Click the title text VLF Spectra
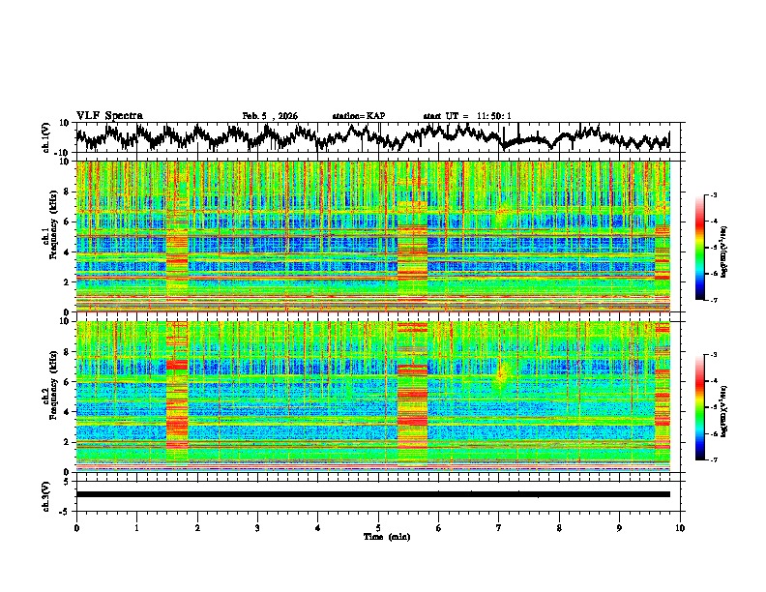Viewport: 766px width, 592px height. [x=109, y=115]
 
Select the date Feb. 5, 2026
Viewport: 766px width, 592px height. [x=270, y=116]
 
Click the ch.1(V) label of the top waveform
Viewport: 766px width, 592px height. [x=48, y=137]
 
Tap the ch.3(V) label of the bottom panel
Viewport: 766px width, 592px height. [x=48, y=494]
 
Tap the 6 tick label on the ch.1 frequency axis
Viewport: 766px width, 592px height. [x=67, y=222]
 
